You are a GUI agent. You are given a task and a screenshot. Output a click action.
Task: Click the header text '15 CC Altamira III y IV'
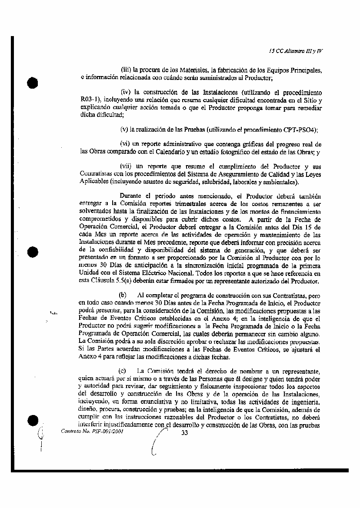point(296,50)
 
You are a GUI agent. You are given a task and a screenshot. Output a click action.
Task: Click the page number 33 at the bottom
point(184,432)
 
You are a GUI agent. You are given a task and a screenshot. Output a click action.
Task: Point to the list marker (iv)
point(126,93)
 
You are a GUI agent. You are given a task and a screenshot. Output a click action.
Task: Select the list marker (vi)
point(126,144)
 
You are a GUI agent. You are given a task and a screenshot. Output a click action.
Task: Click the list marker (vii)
point(127,166)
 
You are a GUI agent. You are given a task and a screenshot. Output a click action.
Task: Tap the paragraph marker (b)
point(123,295)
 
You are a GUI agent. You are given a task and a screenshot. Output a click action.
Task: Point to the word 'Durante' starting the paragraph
point(130,196)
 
